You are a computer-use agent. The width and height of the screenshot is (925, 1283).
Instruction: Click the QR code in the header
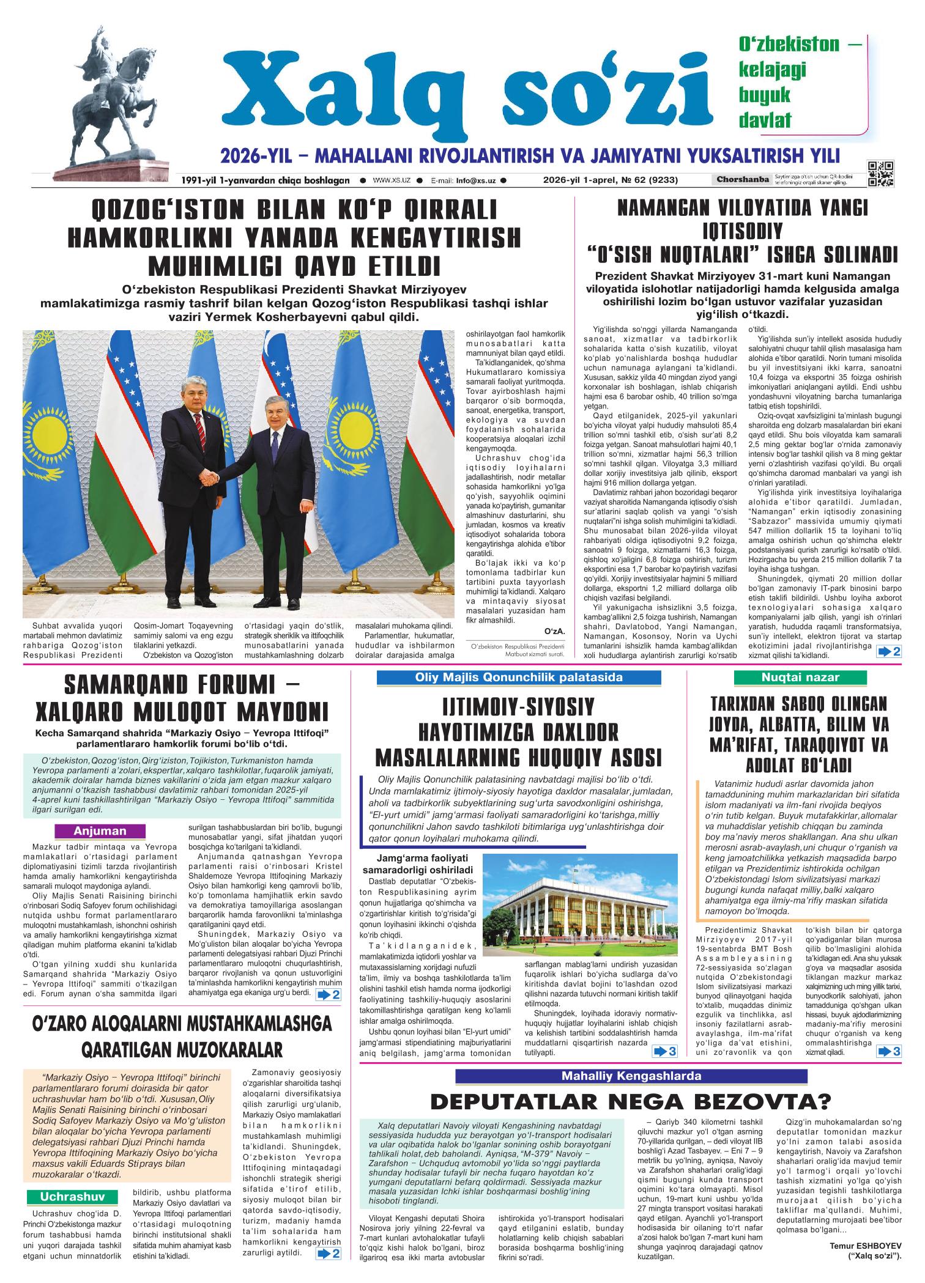click(881, 174)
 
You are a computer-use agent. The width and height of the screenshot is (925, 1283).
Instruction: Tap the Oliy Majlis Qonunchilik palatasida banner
click(518, 677)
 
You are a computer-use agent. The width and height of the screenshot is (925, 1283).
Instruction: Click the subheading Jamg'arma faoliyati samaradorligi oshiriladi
click(417, 863)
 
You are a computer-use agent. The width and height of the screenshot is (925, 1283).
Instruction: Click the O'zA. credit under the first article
click(554, 631)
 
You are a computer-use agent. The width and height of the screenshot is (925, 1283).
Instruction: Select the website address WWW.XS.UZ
click(391, 181)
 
